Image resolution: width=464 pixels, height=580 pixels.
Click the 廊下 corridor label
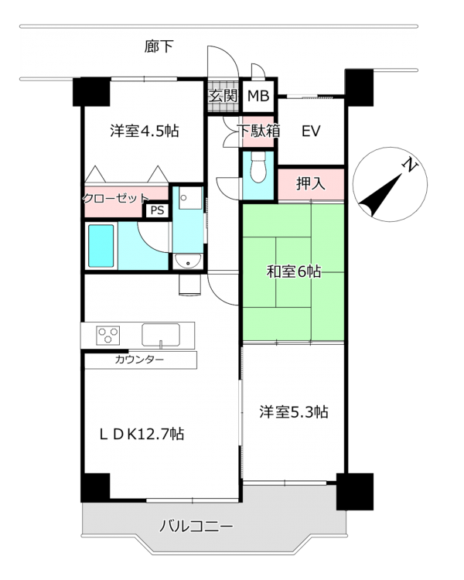[159, 46]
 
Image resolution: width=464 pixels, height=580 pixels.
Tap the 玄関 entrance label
[223, 96]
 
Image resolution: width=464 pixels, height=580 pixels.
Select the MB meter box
[258, 96]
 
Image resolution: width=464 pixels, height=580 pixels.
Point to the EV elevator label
[310, 131]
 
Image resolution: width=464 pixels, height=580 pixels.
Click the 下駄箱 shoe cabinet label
[259, 131]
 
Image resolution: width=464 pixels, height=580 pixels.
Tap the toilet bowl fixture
[258, 168]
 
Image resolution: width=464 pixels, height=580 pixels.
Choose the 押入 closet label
[310, 183]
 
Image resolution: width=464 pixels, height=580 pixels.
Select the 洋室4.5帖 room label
[145, 131]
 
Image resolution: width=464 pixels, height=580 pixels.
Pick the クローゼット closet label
[115, 198]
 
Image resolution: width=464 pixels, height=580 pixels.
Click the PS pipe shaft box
[157, 210]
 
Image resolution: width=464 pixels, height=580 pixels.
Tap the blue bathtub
[101, 246]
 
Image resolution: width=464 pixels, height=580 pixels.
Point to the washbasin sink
[188, 261]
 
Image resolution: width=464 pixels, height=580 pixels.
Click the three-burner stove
[108, 335]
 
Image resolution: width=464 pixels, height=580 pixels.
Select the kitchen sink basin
[161, 335]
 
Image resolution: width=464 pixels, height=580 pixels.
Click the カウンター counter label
[139, 359]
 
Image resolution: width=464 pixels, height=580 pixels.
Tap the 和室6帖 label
[293, 272]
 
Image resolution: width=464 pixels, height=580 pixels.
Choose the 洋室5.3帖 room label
[294, 411]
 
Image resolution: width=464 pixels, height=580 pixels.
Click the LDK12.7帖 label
[142, 434]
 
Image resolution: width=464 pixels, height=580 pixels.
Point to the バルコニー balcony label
[196, 526]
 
